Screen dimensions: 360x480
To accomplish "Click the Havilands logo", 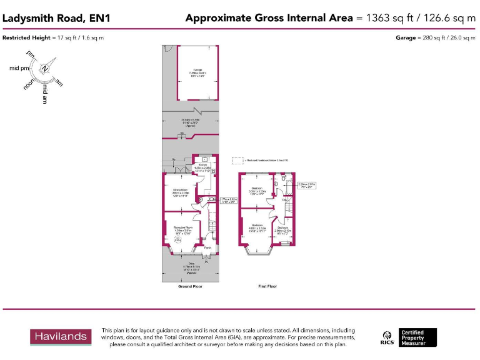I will (61, 337).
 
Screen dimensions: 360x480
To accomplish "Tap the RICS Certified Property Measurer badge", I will (409, 337).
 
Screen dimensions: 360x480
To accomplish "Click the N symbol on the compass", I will (44, 69).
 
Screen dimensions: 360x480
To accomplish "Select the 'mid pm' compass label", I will (19, 67).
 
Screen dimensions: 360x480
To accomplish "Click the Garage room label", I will (197, 69).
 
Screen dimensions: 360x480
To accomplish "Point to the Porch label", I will (207, 247).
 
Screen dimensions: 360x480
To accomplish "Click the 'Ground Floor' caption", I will (190, 286).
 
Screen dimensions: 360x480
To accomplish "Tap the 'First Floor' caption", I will (267, 286).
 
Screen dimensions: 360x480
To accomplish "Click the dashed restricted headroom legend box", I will (237, 161).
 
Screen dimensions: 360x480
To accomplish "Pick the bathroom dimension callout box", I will (306, 185).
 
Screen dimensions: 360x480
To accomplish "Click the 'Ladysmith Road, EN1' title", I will (56, 18).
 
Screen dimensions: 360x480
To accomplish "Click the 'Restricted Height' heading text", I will (26, 38).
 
